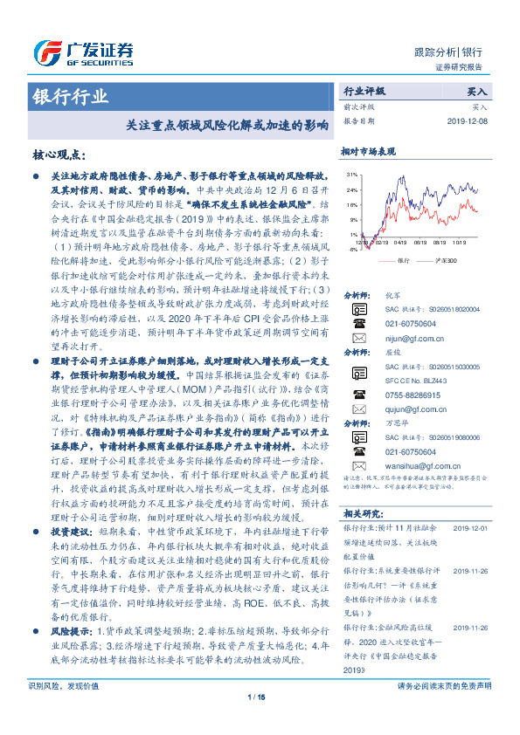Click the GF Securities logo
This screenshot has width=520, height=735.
click(84, 50)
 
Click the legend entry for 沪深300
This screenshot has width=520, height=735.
click(448, 260)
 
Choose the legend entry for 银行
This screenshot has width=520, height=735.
click(403, 260)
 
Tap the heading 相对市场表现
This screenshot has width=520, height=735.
click(368, 151)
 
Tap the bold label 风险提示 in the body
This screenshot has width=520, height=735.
click(61, 629)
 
